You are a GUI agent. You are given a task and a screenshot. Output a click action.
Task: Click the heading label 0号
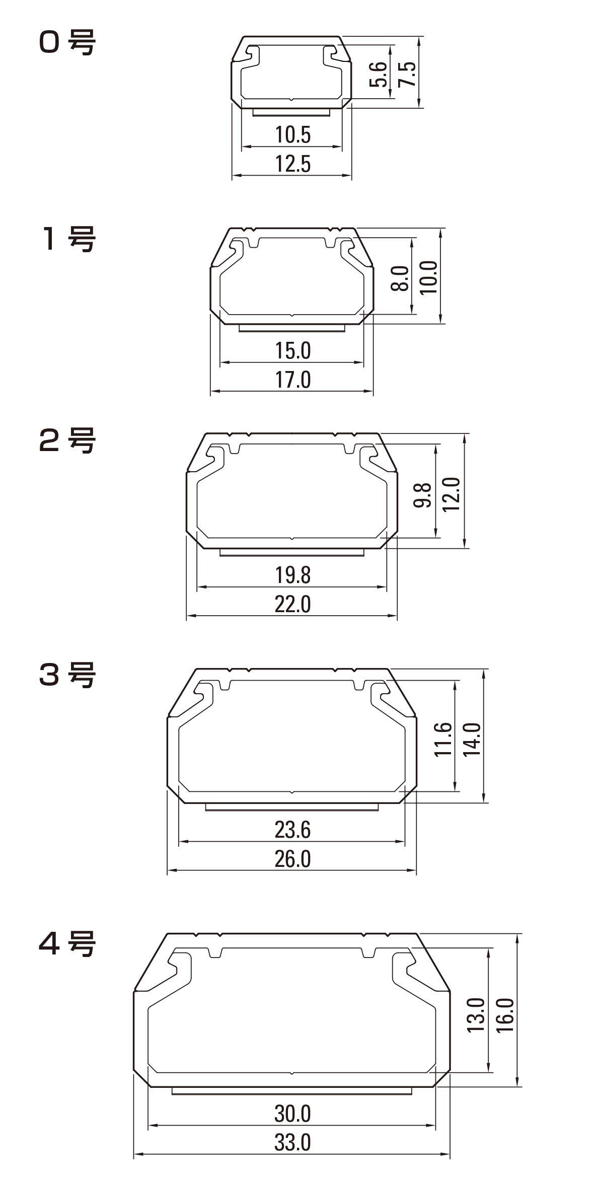tap(66, 43)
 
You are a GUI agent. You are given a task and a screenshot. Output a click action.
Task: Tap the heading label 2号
tap(66, 440)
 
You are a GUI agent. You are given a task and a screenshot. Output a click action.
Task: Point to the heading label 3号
tap(66, 675)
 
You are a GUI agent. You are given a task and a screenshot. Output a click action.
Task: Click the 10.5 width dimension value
tap(293, 134)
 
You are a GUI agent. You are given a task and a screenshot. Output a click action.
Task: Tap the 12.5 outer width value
tap(293, 164)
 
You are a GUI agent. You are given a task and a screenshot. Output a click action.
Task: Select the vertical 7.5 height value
tap(407, 74)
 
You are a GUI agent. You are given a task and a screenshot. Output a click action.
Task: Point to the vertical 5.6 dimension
tap(378, 74)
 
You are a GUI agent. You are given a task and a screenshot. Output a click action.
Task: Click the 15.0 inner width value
tap(293, 350)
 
